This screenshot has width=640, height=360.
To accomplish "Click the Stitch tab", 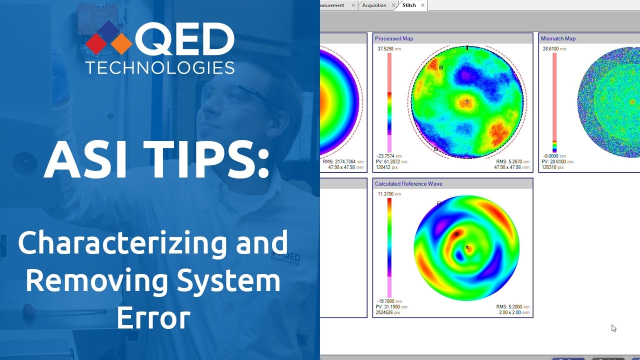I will point(409,5).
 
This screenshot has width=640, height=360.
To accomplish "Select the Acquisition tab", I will point(374,5).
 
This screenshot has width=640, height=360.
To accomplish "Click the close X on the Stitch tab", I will point(422,5).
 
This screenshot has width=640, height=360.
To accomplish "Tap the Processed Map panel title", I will point(394,38).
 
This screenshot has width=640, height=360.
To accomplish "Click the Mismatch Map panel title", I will point(558,38).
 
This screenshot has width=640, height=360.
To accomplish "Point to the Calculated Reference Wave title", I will point(408,183).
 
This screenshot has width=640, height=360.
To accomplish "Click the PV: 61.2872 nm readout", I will point(391,161).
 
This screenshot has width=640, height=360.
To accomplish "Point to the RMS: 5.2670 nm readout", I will point(512,161).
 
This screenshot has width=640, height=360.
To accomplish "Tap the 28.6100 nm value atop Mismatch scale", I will point(554,49).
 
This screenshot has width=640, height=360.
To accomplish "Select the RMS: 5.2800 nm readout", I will point(512,307).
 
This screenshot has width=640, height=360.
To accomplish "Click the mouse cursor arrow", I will point(613,328).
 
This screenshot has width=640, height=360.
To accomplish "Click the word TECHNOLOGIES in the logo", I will point(159,67).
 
